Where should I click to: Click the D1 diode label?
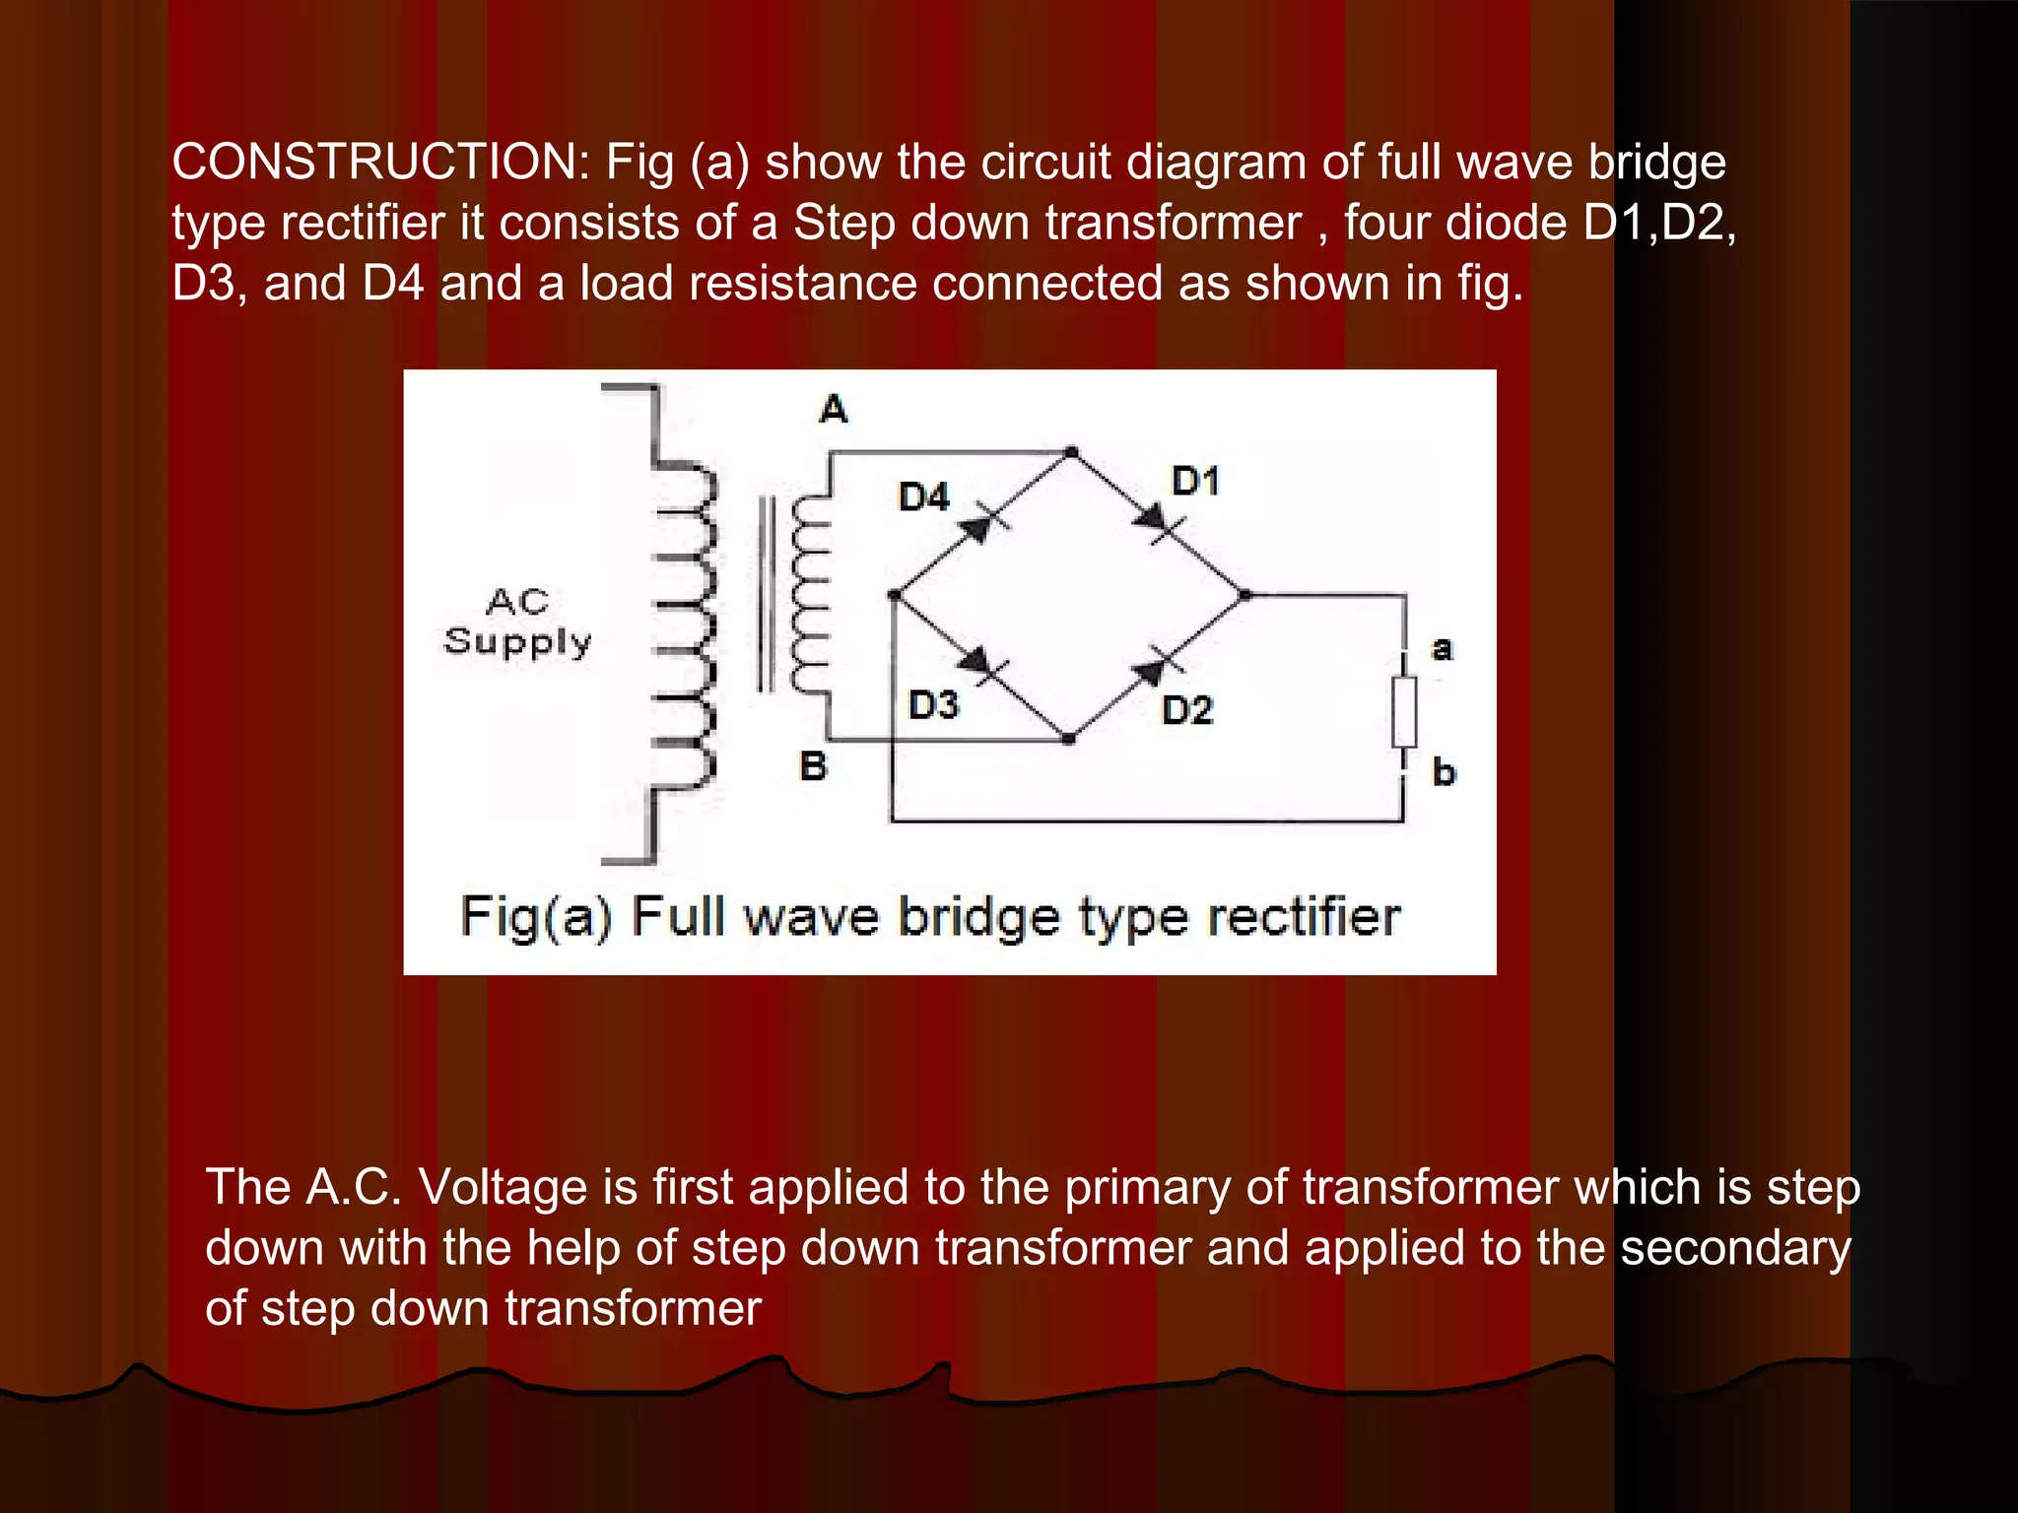tap(1195, 481)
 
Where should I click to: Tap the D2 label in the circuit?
tap(1187, 710)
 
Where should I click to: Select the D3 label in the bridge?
tap(933, 705)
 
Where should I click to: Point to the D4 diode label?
tap(924, 496)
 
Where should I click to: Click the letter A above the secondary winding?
tap(834, 408)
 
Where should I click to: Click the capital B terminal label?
tap(813, 765)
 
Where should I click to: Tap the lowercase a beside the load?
tap(1442, 648)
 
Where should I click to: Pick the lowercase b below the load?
tap(1444, 771)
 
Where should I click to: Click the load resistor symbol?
tap(1404, 711)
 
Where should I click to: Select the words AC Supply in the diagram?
tap(517, 622)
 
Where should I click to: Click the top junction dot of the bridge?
tap(1072, 453)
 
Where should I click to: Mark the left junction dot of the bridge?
tap(894, 595)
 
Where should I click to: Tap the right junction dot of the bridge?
tap(1245, 595)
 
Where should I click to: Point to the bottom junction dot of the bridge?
tap(1070, 738)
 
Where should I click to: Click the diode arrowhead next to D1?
tap(1151, 519)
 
